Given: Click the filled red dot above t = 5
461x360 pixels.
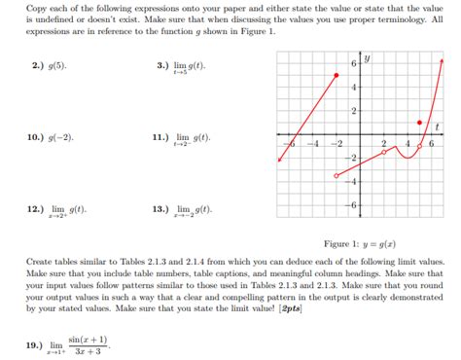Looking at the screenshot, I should [419, 123].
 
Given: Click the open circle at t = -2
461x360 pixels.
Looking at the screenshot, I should [337, 176].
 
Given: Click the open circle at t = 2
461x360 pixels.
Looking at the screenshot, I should [384, 153].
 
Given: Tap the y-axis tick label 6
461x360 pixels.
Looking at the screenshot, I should [353, 64].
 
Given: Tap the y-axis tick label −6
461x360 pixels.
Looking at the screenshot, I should [352, 204].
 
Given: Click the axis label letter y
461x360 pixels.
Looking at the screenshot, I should [368, 57].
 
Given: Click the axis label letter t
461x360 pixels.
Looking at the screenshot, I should [439, 126].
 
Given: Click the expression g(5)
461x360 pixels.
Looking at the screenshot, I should [60, 66].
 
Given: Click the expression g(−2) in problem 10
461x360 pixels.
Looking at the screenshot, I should [61, 138].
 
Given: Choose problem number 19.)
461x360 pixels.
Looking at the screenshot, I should [36, 344].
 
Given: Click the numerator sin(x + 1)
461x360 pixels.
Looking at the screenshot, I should [89, 339].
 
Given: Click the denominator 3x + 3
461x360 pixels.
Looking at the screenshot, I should [89, 351].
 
